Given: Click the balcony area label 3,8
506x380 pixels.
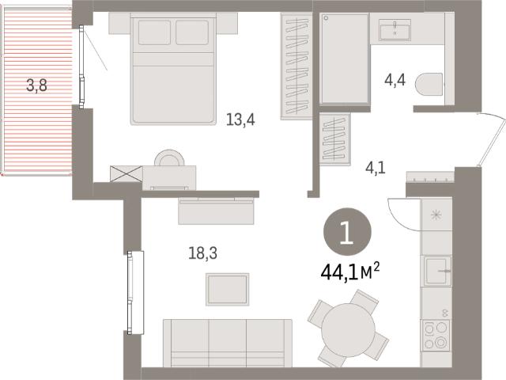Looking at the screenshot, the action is coord(36,86).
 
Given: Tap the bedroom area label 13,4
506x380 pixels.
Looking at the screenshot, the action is coord(240,120).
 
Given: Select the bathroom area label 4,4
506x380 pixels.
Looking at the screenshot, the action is coord(395,80).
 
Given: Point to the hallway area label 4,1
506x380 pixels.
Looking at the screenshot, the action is coord(376,168).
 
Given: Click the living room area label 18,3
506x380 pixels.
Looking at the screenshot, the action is coord(202,253).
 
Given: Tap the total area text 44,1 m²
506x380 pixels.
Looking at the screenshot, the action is coord(349,272).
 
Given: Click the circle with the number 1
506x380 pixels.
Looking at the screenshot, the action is coord(347,232).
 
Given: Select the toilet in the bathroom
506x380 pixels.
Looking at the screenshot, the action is coord(429,85).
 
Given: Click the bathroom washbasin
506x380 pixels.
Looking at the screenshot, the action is coord(395,30).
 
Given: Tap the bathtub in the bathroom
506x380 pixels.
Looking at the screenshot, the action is coord(345,59).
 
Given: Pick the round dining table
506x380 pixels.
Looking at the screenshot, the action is coord(348,330).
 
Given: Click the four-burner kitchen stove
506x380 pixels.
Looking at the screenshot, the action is coord(436,335).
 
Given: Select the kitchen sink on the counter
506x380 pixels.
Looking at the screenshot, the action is coord(437,271).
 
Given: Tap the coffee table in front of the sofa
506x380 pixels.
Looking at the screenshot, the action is coord(228,289).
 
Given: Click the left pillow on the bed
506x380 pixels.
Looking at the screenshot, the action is coord(155,32).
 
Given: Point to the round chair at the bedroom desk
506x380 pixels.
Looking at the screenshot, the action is coord(169,158).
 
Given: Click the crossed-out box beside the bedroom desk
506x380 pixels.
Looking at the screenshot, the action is coord(126,174).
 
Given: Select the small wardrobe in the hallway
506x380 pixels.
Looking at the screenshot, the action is coord(334,139).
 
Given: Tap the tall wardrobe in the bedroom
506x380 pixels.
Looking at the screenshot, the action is coord(296,66).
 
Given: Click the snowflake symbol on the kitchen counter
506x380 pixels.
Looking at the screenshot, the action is coord(436,215).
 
